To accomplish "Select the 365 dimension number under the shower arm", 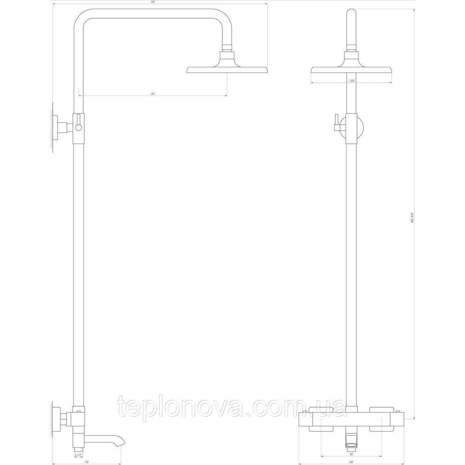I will pyautogui.click(x=153, y=94).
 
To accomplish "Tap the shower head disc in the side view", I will pyautogui.click(x=227, y=69).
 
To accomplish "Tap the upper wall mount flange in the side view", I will pyautogui.click(x=59, y=127).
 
